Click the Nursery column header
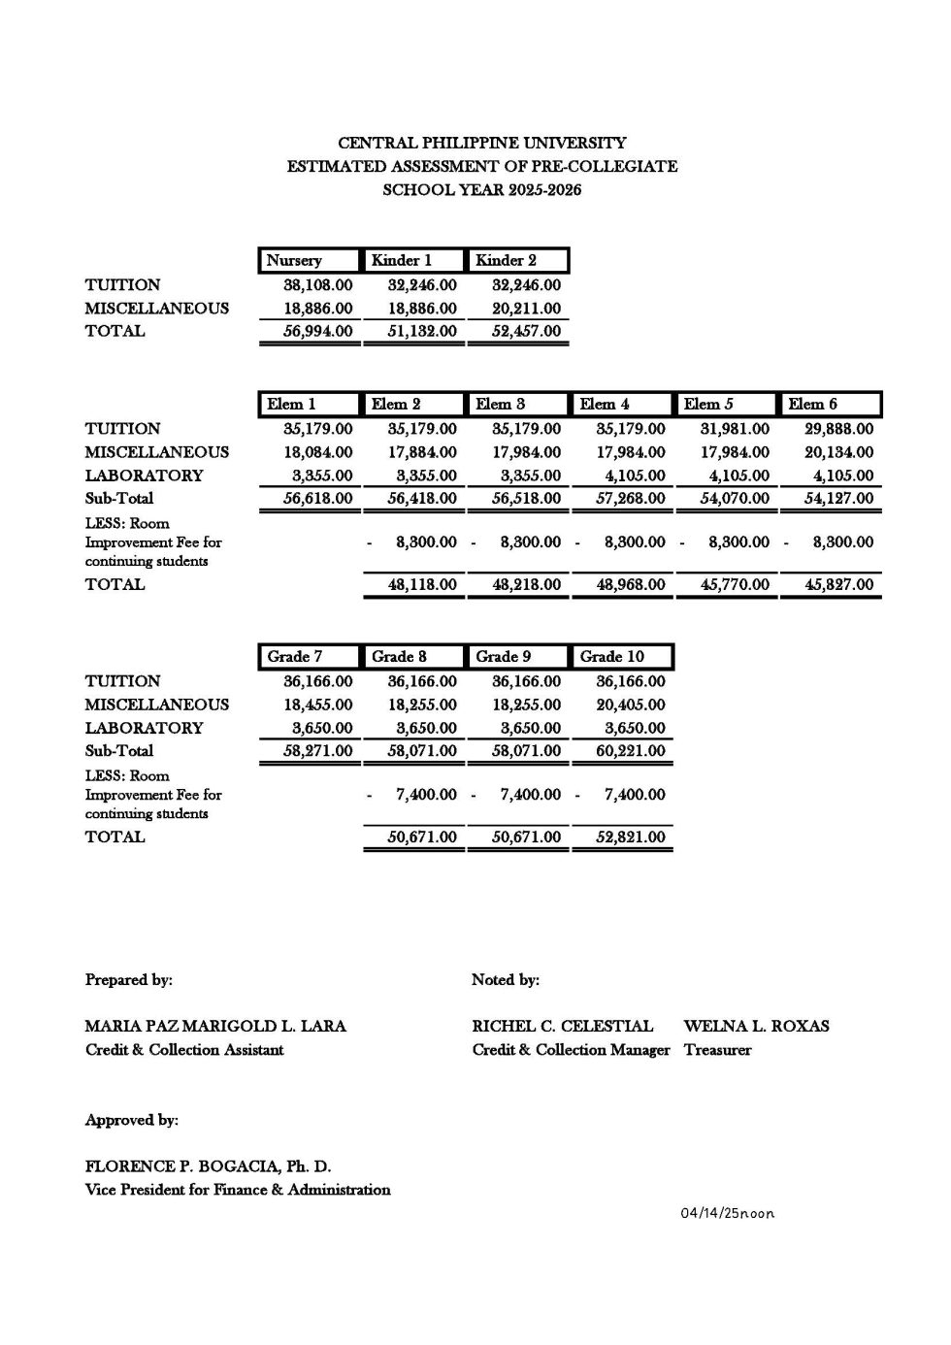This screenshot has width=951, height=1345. pyautogui.click(x=294, y=260)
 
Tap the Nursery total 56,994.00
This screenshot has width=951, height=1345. pyautogui.click(x=318, y=331)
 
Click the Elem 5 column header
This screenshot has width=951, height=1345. pyautogui.click(x=709, y=404)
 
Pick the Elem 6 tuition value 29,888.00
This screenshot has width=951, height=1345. pyautogui.click(x=838, y=429)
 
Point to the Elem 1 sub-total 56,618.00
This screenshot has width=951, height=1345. pyautogui.click(x=318, y=499)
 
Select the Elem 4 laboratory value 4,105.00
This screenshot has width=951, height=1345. pyautogui.click(x=631, y=476)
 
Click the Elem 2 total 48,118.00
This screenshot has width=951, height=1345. pyautogui.click(x=422, y=585)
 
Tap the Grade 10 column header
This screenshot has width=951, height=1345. pyautogui.click(x=612, y=657)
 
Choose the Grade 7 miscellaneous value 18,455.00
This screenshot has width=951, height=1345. pyautogui.click(x=318, y=705)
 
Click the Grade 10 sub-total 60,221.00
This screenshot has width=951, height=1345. pyautogui.click(x=631, y=751)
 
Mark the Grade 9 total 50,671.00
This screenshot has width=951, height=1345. pyautogui.click(x=526, y=837)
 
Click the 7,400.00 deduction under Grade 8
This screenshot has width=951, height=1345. pyautogui.click(x=426, y=795)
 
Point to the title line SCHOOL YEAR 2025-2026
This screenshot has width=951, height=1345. pyautogui.click(x=481, y=190)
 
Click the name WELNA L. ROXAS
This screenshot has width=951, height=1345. pyautogui.click(x=756, y=1026)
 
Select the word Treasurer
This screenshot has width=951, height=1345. pyautogui.click(x=717, y=1050)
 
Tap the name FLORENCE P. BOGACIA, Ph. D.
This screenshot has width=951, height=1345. pyautogui.click(x=208, y=1166)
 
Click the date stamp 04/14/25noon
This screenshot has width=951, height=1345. pyautogui.click(x=727, y=1214)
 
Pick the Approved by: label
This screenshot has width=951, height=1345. pyautogui.click(x=132, y=1120)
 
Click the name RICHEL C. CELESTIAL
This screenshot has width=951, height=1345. pyautogui.click(x=563, y=1026)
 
